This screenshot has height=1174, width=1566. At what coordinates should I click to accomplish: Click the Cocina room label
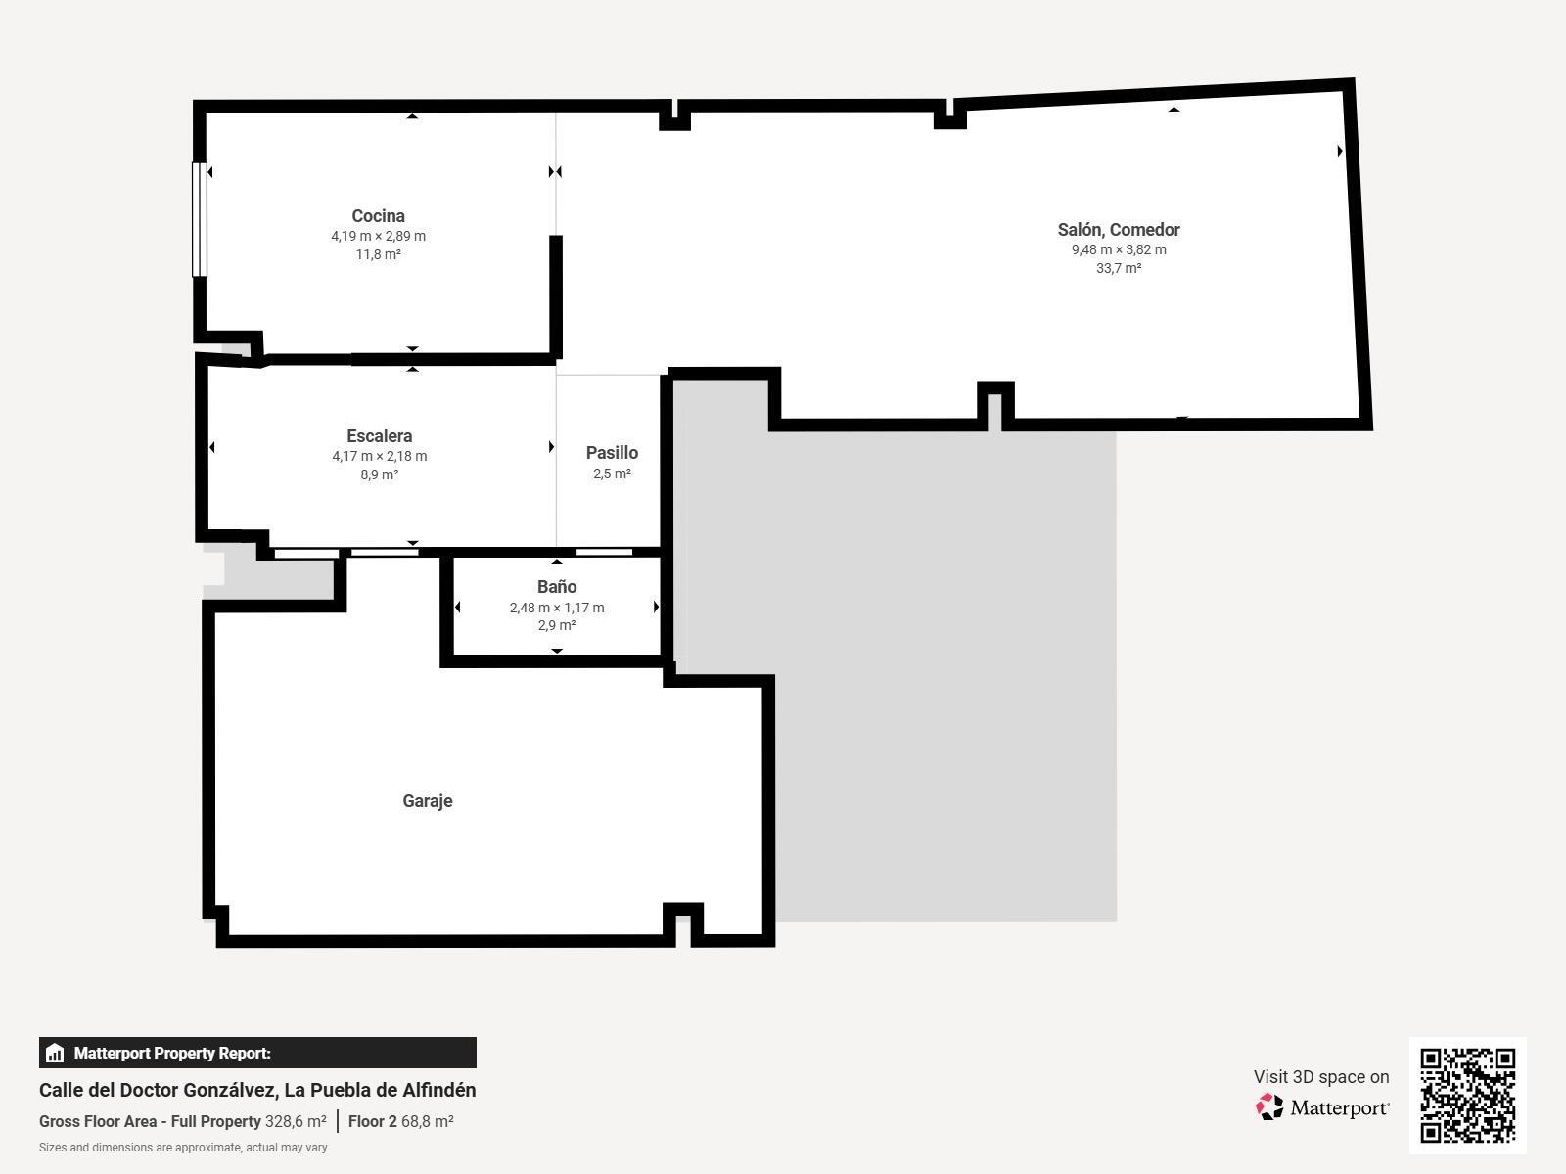point(378,216)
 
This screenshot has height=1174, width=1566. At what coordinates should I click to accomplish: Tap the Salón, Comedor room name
point(1118,230)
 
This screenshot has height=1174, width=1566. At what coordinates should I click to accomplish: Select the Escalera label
point(379,436)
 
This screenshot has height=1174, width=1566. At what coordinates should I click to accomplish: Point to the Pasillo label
point(612,453)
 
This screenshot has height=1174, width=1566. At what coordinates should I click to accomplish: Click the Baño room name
point(556,587)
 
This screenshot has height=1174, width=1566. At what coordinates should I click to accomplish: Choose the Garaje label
point(427,801)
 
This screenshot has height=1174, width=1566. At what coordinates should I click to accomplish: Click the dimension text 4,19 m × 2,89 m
point(378,236)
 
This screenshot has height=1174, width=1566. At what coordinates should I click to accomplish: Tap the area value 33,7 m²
point(1118,268)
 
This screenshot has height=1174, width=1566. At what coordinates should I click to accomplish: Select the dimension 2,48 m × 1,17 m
point(556,608)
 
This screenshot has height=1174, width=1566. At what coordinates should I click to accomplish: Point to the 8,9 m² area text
point(379,474)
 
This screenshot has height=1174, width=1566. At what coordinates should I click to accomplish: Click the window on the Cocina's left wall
point(200,220)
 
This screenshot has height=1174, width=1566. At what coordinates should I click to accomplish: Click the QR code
point(1467,1095)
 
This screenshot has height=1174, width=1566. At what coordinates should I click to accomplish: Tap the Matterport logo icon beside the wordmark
point(1269,1107)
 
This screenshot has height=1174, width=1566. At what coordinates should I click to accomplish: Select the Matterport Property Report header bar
point(257,1053)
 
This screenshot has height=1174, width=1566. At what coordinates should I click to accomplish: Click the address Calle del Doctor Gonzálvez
point(257,1090)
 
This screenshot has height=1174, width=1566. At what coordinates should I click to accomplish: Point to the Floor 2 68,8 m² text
point(400,1122)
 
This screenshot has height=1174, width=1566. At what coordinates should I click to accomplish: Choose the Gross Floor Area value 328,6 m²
point(296,1122)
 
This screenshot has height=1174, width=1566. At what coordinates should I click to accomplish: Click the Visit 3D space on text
point(1320,1077)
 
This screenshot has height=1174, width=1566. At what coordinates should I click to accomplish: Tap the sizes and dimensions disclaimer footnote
point(183,1148)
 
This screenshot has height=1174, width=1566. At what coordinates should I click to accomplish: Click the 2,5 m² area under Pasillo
point(612,474)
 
